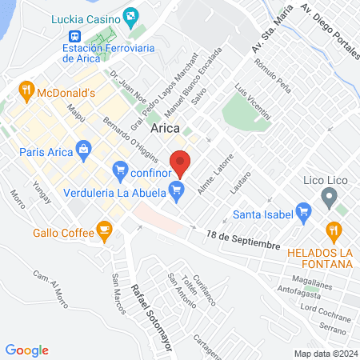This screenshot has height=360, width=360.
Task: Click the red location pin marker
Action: (x=181, y=162)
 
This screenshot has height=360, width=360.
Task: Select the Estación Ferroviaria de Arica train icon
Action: (x=74, y=37)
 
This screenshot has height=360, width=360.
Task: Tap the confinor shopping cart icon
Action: (x=120, y=169)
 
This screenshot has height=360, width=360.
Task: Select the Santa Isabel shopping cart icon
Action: (x=303, y=213)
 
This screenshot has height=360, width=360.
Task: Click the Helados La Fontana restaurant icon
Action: (x=334, y=232)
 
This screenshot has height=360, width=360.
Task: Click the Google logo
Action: (x=26, y=350)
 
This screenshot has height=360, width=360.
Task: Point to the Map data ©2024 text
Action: (x=324, y=353)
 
